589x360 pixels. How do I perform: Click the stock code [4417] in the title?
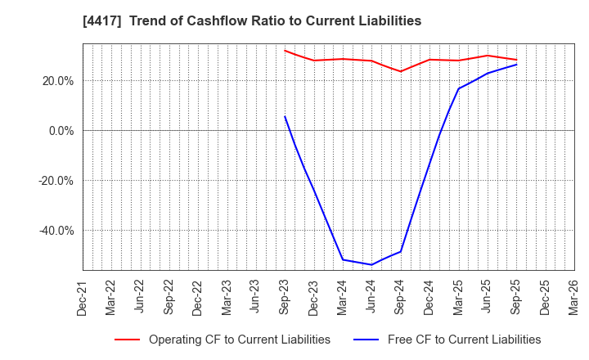pos(99,21)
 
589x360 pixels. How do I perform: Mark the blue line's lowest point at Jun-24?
pos(371,264)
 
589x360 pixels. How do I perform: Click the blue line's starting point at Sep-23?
pos(285,116)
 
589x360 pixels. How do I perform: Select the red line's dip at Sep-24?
pos(401,71)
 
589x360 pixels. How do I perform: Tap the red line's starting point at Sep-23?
pos(285,50)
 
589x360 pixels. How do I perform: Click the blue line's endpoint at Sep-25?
pos(516,65)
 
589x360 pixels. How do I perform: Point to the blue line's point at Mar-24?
pos(343,259)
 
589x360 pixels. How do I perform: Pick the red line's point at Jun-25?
pos(488,56)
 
